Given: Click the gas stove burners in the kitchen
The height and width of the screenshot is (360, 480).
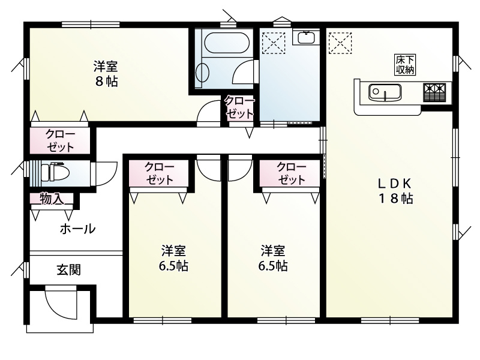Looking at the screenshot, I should [435, 91].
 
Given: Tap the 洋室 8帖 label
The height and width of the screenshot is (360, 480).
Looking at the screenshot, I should [106, 74].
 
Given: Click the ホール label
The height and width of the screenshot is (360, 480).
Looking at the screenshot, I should [77, 229].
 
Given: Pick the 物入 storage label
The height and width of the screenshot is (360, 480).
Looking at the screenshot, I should [52, 199].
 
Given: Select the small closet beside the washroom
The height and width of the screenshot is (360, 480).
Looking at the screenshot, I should [240, 107].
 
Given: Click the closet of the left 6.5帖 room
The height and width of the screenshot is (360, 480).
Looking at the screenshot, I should [160, 173].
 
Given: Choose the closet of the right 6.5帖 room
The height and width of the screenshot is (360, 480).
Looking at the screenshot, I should [291, 173].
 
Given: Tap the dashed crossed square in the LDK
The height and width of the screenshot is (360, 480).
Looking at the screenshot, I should [339, 43].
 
